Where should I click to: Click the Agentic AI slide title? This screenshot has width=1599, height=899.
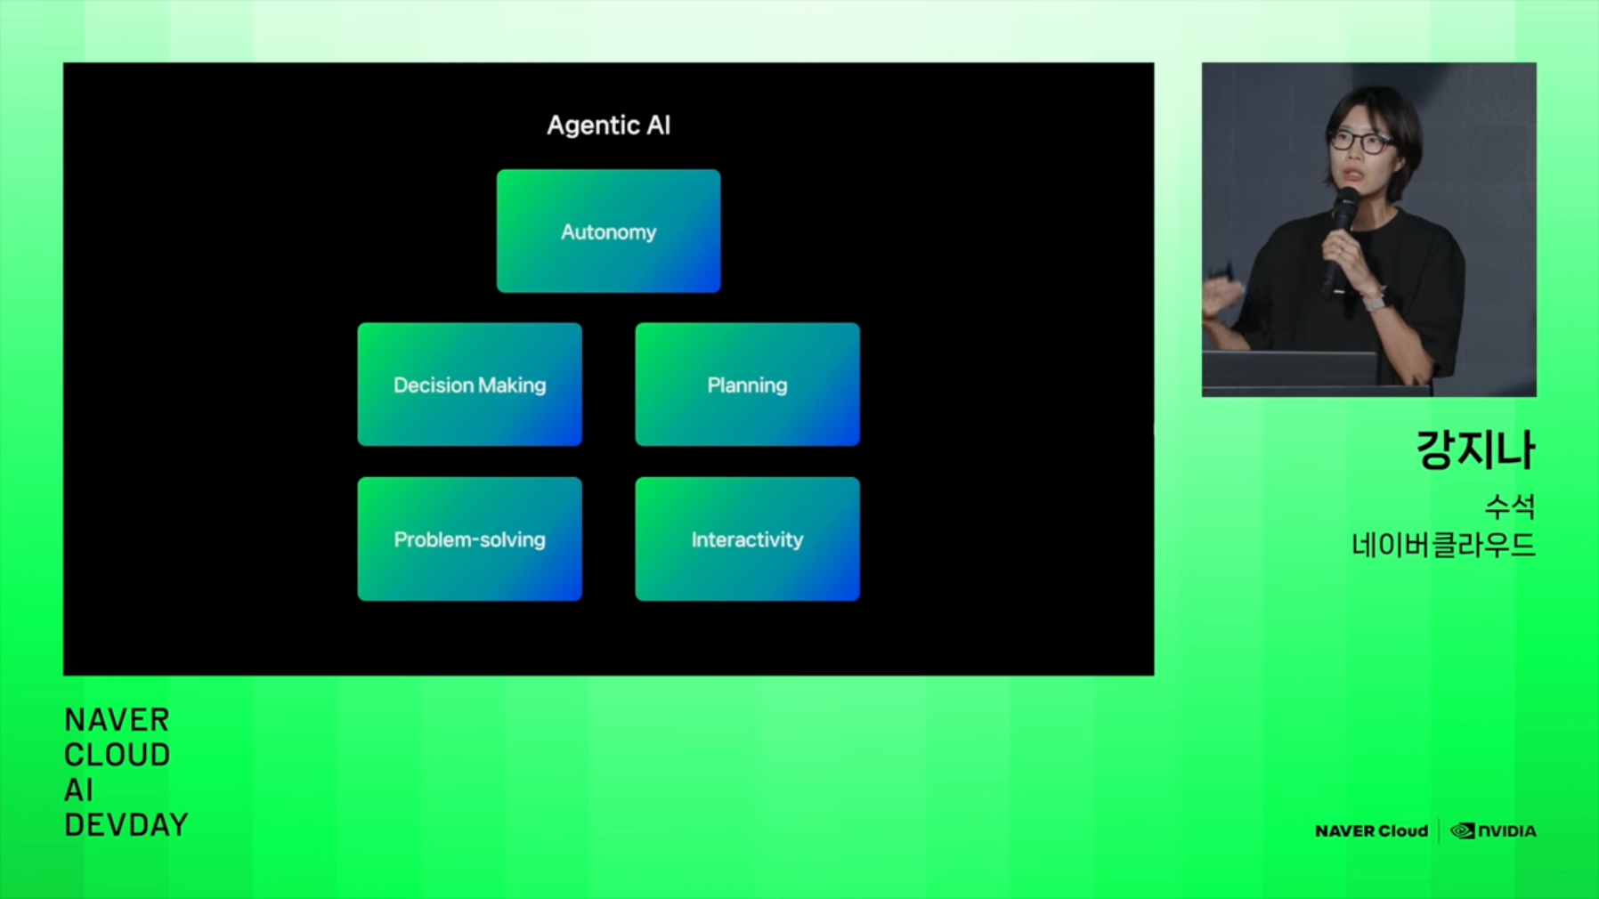click(x=608, y=126)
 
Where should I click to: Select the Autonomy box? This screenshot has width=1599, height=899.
click(x=608, y=231)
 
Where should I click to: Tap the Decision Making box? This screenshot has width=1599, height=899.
click(x=469, y=385)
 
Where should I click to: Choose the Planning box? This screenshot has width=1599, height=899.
click(x=747, y=385)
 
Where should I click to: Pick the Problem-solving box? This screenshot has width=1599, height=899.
click(x=469, y=539)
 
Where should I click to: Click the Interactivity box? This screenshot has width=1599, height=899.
click(x=747, y=539)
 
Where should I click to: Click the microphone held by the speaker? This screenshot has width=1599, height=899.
click(x=1338, y=240)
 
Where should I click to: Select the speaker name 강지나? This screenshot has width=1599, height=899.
click(x=1475, y=449)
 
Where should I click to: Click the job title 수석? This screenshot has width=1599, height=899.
click(x=1510, y=506)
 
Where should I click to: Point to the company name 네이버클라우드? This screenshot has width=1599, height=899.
click(x=1443, y=545)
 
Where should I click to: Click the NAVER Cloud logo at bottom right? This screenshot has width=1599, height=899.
click(x=1371, y=831)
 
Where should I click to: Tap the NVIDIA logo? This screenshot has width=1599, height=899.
click(x=1493, y=831)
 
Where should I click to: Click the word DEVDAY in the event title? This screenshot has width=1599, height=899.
click(x=126, y=825)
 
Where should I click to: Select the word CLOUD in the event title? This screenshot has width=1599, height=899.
click(x=117, y=755)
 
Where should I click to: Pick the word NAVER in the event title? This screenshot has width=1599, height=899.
click(x=117, y=719)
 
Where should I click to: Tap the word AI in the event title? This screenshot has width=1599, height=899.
click(x=78, y=790)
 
